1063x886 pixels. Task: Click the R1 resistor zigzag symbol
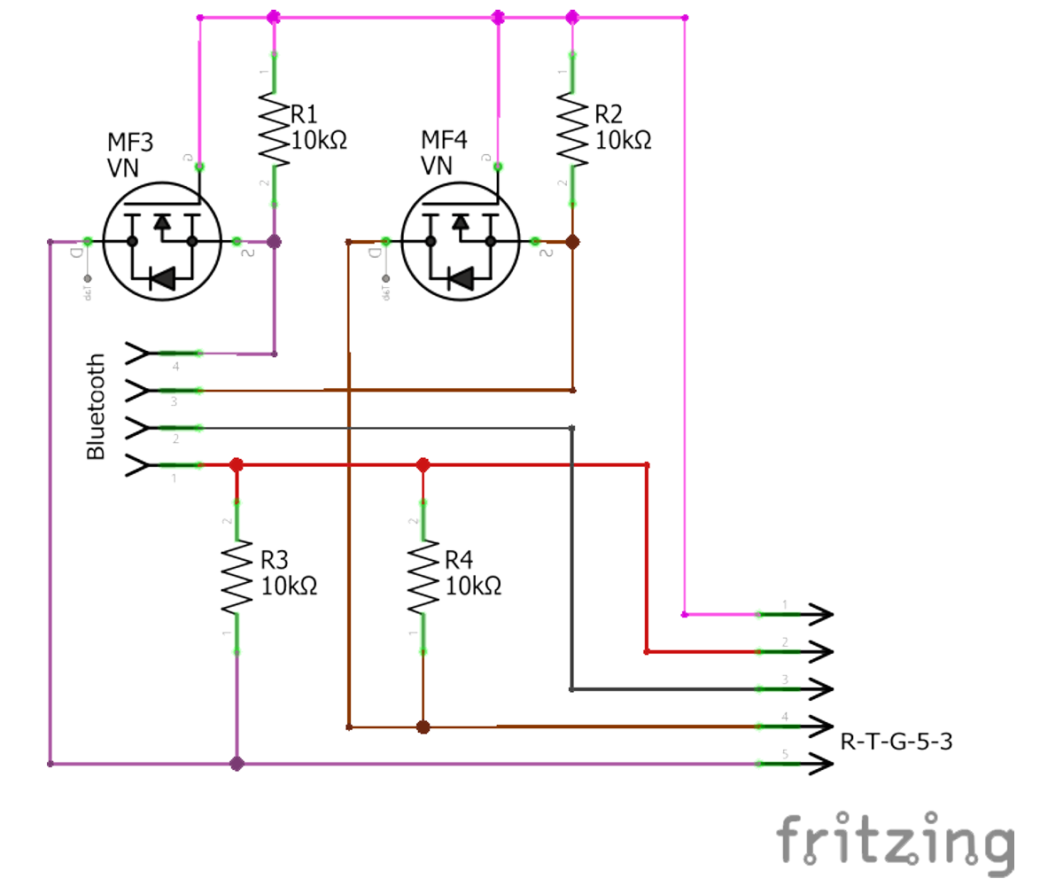[274, 128]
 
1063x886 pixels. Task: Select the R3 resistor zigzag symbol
[237, 577]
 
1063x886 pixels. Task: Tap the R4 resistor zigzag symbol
[423, 577]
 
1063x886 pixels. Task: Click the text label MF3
[130, 142]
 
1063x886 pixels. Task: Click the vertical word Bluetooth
[96, 408]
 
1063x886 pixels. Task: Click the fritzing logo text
[895, 842]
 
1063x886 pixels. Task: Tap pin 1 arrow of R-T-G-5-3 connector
[819, 614]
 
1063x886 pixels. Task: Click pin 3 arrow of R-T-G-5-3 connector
[819, 688]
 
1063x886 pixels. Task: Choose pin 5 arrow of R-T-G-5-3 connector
[819, 764]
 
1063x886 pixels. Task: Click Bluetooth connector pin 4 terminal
[140, 354]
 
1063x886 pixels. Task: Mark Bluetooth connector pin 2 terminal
[140, 429]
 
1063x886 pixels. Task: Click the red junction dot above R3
[237, 465]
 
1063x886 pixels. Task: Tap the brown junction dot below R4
[423, 727]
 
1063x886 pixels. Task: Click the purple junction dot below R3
[237, 764]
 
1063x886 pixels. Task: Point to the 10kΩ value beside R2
[623, 140]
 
